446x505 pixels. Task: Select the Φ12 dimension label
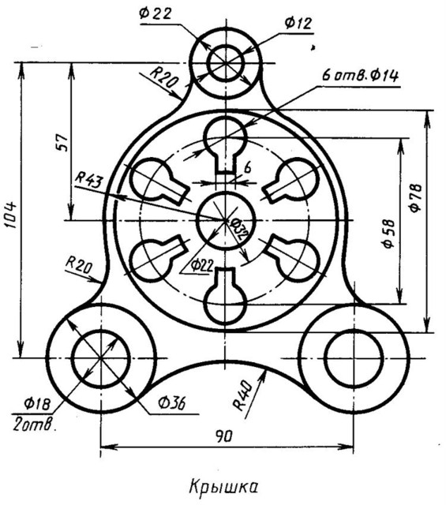coord(298,23)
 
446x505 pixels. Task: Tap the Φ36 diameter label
coord(171,402)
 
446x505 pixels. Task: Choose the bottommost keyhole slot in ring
coord(226,297)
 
